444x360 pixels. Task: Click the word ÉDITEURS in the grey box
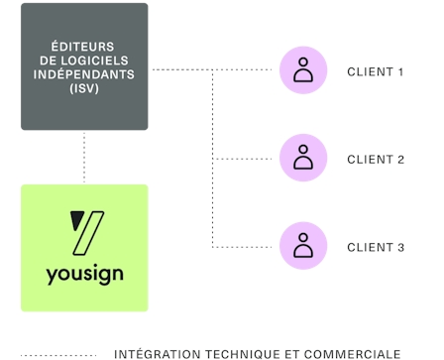pyautogui.click(x=85, y=46)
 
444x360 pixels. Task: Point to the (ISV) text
pyautogui.click(x=85, y=87)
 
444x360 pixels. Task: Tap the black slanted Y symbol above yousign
pyautogui.click(x=85, y=232)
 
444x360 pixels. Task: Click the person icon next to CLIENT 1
pyautogui.click(x=303, y=69)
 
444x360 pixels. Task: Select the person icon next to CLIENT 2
pyautogui.click(x=303, y=158)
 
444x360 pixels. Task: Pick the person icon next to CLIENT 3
pyautogui.click(x=303, y=245)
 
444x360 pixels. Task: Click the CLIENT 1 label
pyautogui.click(x=376, y=71)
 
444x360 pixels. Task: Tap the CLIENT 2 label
pyautogui.click(x=376, y=159)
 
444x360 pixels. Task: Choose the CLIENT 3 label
pyautogui.click(x=376, y=247)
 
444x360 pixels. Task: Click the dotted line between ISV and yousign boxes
pyautogui.click(x=85, y=156)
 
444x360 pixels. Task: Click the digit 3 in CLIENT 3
pyautogui.click(x=400, y=247)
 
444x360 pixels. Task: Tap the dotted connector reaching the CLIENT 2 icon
pyautogui.click(x=246, y=158)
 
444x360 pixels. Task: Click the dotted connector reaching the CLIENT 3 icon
pyautogui.click(x=246, y=246)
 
